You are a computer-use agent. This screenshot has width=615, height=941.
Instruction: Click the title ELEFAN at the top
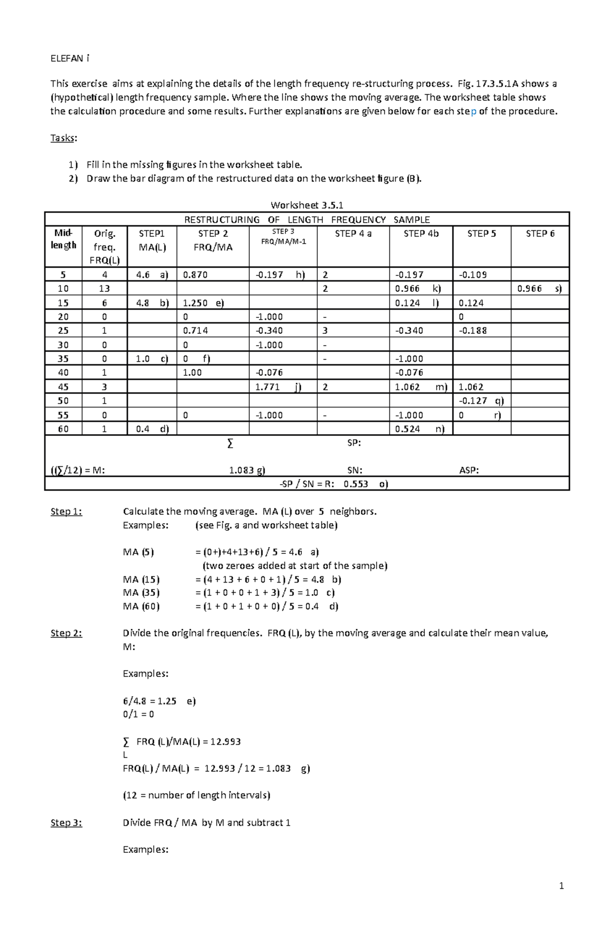tap(67, 58)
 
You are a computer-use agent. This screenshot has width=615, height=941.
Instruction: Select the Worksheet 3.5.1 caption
tap(306, 205)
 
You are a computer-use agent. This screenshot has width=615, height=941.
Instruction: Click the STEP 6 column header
tap(540, 234)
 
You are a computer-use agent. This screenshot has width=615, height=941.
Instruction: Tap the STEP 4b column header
tap(421, 234)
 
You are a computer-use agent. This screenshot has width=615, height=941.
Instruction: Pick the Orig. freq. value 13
tap(105, 289)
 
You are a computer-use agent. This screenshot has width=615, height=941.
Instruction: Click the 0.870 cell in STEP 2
tap(195, 275)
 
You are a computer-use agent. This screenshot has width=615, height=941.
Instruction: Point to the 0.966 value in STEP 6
tap(529, 289)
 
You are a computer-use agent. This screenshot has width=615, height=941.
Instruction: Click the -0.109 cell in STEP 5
tap(473, 275)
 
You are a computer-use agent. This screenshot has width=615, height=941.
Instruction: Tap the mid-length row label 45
tap(63, 387)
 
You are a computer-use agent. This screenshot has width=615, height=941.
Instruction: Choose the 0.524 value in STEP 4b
tap(407, 429)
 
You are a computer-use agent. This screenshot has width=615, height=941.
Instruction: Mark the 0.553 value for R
tap(356, 484)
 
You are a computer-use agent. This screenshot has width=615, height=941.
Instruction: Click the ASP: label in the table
tap(469, 470)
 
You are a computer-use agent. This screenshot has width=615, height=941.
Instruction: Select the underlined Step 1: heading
tap(66, 511)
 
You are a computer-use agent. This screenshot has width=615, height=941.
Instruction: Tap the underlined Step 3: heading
tap(66, 823)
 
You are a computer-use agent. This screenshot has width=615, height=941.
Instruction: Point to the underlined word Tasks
tap(63, 138)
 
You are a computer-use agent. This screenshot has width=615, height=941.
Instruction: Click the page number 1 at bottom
tap(562, 886)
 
